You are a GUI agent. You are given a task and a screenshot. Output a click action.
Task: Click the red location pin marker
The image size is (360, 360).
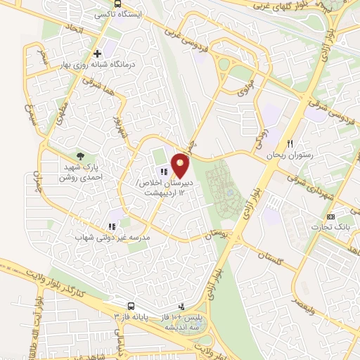click(181, 165)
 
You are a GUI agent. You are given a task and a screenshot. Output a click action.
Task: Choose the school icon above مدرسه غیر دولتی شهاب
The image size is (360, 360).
click(112, 227)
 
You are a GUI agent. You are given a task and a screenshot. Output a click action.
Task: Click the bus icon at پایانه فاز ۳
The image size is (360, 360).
click(131, 306)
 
